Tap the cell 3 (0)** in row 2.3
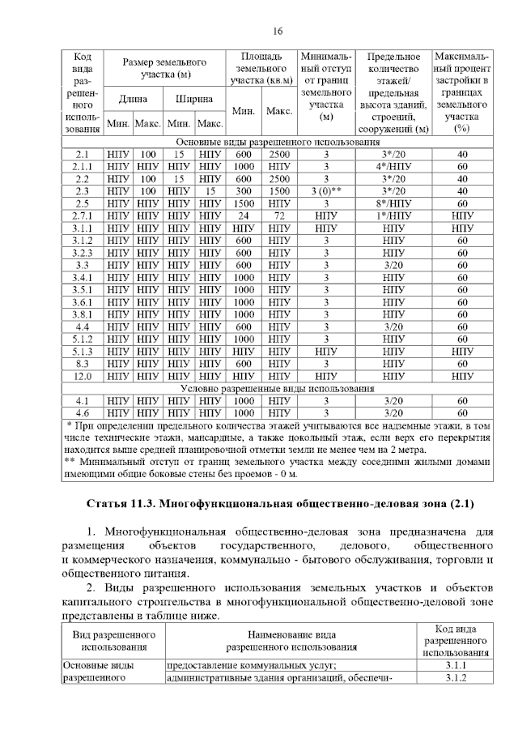(x=326, y=191)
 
